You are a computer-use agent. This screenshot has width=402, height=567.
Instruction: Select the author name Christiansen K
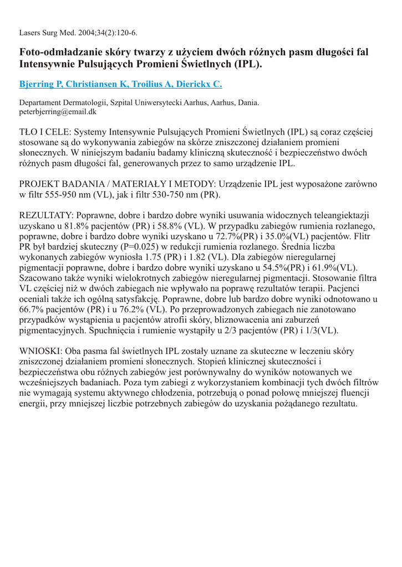click(x=100, y=84)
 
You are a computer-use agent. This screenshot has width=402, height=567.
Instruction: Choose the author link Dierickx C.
click(x=201, y=84)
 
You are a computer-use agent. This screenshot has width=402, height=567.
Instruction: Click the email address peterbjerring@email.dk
click(x=58, y=111)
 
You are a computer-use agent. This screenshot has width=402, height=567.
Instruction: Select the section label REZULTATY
click(x=46, y=215)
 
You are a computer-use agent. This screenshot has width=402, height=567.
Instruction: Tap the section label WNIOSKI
click(x=40, y=352)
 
